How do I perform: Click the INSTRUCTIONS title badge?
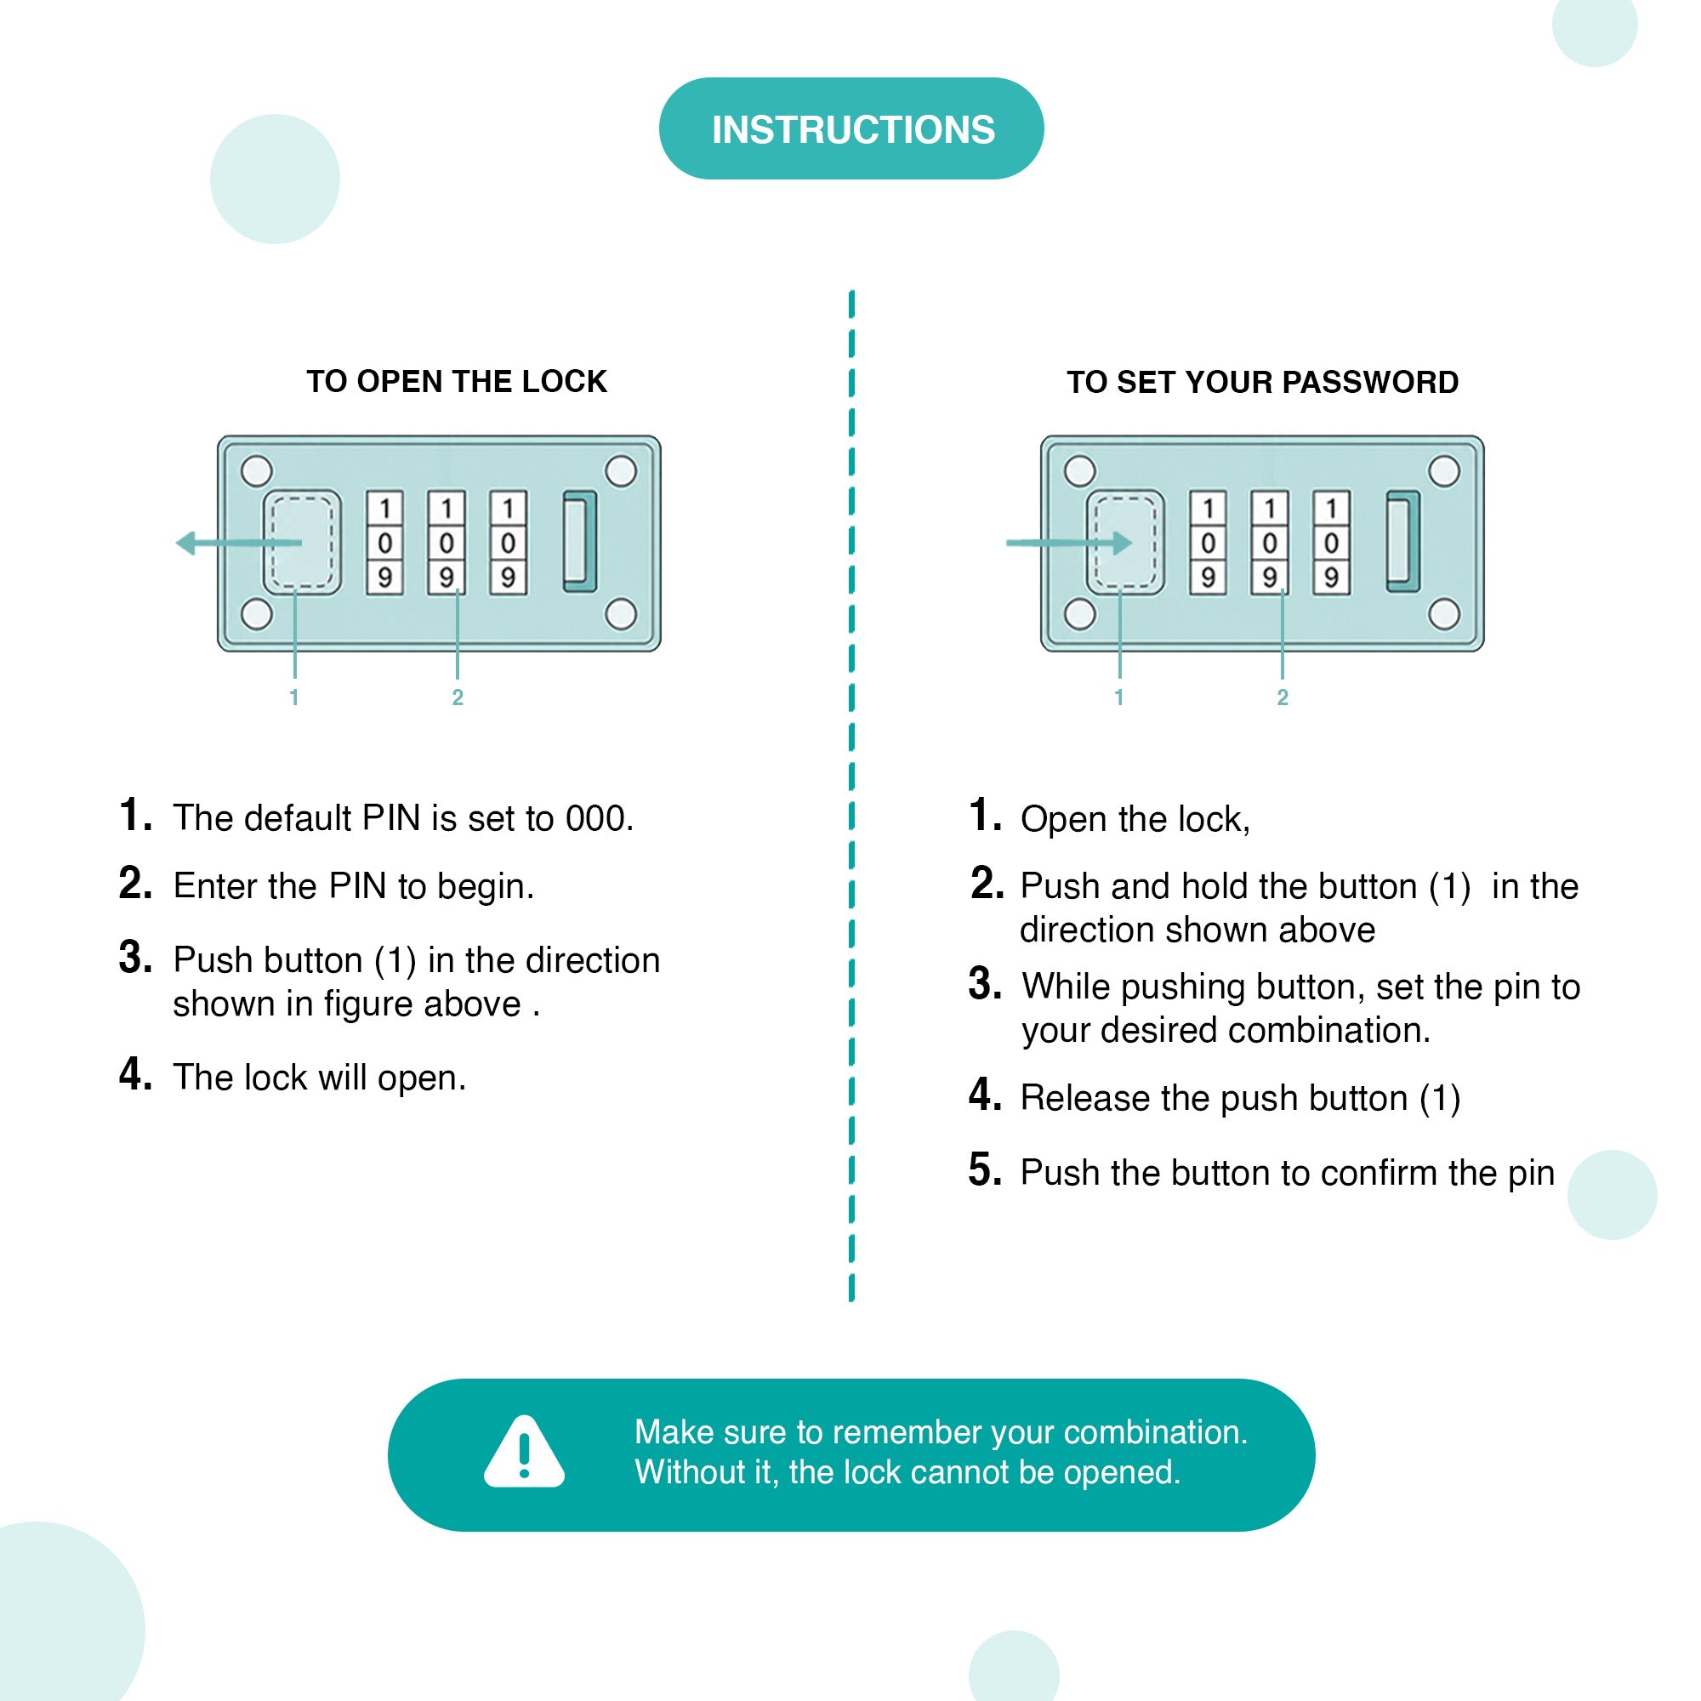[850, 128]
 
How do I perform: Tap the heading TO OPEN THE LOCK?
[456, 381]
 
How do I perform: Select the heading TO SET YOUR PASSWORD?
[1262, 382]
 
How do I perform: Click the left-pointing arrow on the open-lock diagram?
[239, 543]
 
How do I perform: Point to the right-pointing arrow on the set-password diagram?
[1069, 543]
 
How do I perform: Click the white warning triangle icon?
[524, 1451]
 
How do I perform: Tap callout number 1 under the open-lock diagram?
[294, 697]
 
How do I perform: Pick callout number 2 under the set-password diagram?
[1282, 697]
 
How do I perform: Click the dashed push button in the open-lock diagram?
[302, 543]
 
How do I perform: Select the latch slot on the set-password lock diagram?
[1403, 542]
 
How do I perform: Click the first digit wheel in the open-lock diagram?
[384, 543]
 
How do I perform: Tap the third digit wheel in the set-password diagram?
[1331, 543]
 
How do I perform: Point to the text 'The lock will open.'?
[320, 1078]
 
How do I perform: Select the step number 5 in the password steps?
[984, 1170]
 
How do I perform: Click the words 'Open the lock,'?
[1135, 820]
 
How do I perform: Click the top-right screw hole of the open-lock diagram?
[621, 471]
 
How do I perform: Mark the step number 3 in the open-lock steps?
[134, 957]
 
